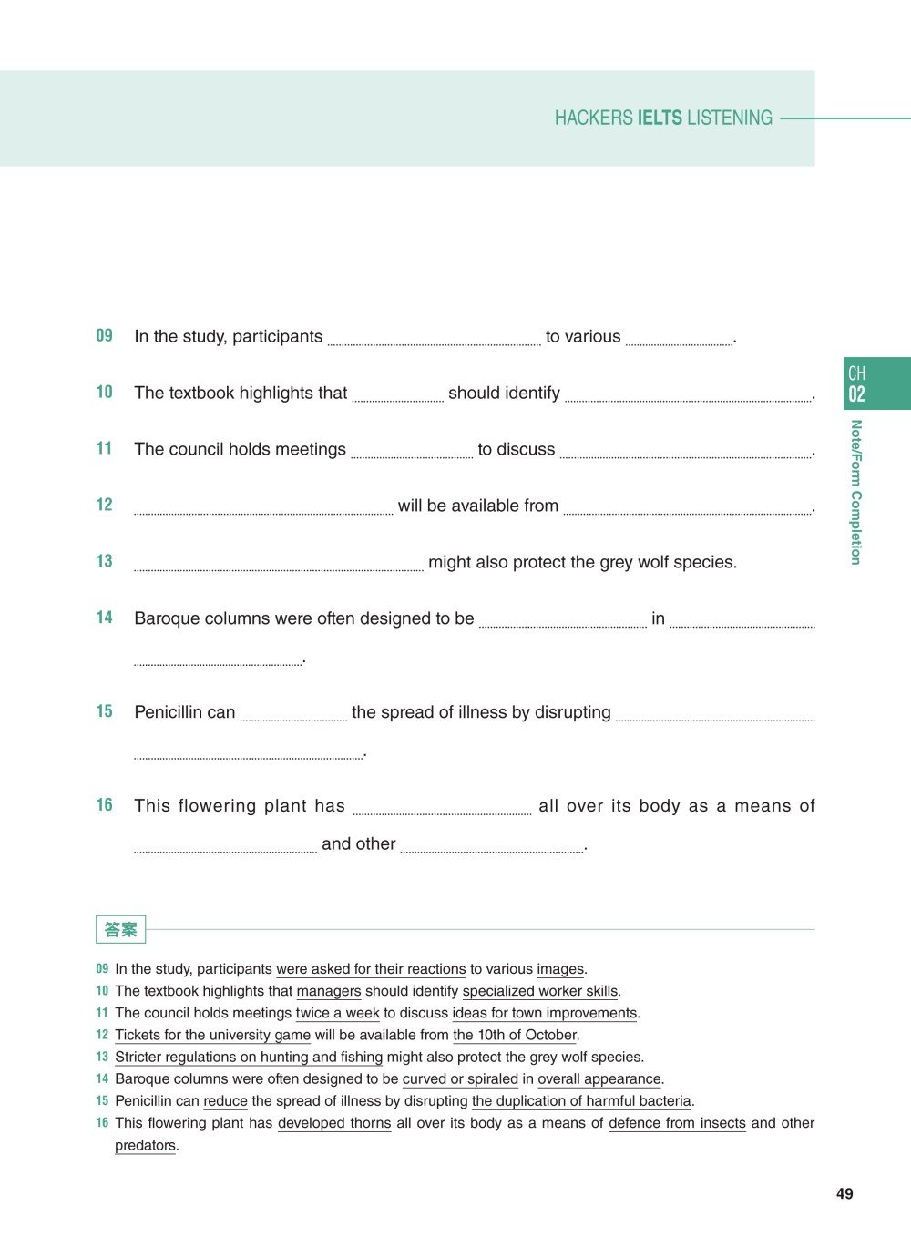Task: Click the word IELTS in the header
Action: [x=660, y=118]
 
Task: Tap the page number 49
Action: [x=844, y=1193]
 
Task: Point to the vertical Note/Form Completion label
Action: [x=855, y=492]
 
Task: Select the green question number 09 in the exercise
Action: [x=105, y=335]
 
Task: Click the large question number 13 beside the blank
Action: [x=105, y=561]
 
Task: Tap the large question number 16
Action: [x=105, y=805]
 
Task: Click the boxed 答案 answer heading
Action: [x=120, y=929]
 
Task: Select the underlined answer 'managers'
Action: [x=329, y=991]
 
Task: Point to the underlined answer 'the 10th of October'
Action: [x=515, y=1035]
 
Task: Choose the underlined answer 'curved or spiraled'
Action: [x=460, y=1078]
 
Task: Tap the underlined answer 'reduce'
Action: [x=225, y=1100]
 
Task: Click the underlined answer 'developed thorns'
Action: [x=334, y=1123]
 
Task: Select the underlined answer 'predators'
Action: [x=145, y=1145]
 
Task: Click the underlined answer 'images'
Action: [x=560, y=969]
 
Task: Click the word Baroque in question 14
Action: [x=166, y=618]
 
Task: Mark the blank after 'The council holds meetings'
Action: [x=412, y=451]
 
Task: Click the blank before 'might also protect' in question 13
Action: [x=278, y=564]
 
